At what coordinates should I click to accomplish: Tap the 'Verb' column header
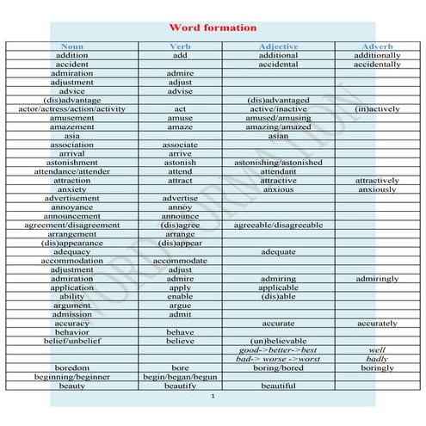(x=180, y=46)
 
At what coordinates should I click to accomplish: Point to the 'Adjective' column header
(x=278, y=46)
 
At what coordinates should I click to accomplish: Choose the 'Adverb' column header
(x=377, y=46)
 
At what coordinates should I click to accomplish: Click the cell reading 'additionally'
(x=377, y=55)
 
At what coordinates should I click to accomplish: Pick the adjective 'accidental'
(x=278, y=65)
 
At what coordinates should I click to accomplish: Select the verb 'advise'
(x=180, y=91)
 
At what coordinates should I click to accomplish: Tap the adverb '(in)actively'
(x=377, y=109)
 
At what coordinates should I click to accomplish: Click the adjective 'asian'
(x=278, y=136)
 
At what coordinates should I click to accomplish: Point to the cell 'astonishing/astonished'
(x=278, y=163)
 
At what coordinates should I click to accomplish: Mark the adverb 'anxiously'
(x=377, y=189)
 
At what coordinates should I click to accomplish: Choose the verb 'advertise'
(x=180, y=199)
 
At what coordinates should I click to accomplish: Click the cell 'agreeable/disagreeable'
(x=278, y=225)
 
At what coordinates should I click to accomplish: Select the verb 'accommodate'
(x=180, y=261)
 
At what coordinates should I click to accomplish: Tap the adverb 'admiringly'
(x=377, y=279)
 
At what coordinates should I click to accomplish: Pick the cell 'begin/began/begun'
(x=180, y=377)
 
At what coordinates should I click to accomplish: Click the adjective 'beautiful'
(x=278, y=386)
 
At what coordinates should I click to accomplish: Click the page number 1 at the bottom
(x=213, y=398)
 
